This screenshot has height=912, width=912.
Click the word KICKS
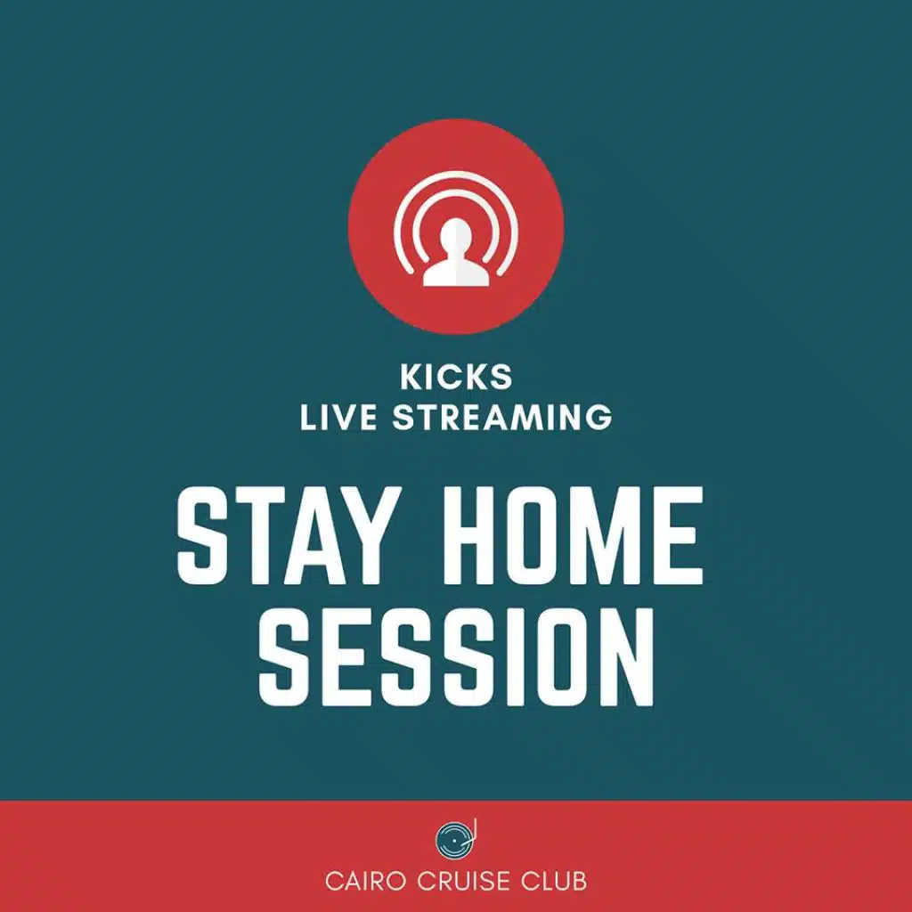coord(456,377)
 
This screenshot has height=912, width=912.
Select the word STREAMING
coord(502,417)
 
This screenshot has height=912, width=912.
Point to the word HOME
coord(573,535)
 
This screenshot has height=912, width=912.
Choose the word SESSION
coord(457,657)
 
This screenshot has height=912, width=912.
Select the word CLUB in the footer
coord(553,881)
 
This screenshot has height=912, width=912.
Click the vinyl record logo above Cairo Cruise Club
coord(455,839)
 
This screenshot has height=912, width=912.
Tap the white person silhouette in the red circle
coord(456,254)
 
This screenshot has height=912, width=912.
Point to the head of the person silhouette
coord(456,234)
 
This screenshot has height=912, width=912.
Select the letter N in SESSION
coord(628,657)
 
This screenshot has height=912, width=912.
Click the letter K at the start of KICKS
coord(411,377)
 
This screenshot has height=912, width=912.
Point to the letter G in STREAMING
coord(599,417)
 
